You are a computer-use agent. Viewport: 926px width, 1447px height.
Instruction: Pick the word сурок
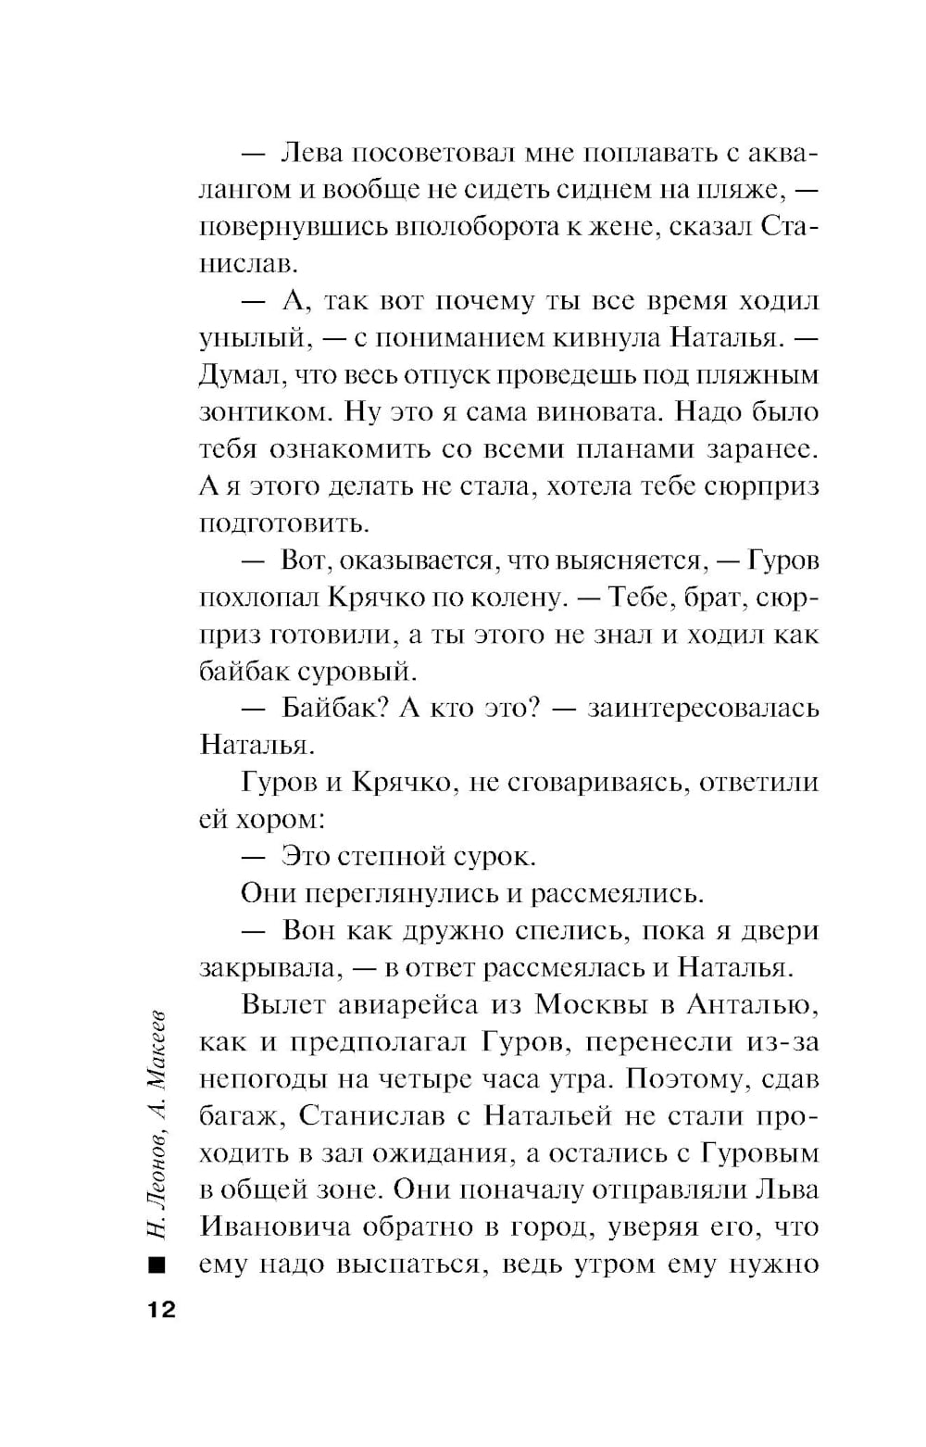(x=494, y=857)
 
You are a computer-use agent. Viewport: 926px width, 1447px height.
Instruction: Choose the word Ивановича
(x=275, y=1227)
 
